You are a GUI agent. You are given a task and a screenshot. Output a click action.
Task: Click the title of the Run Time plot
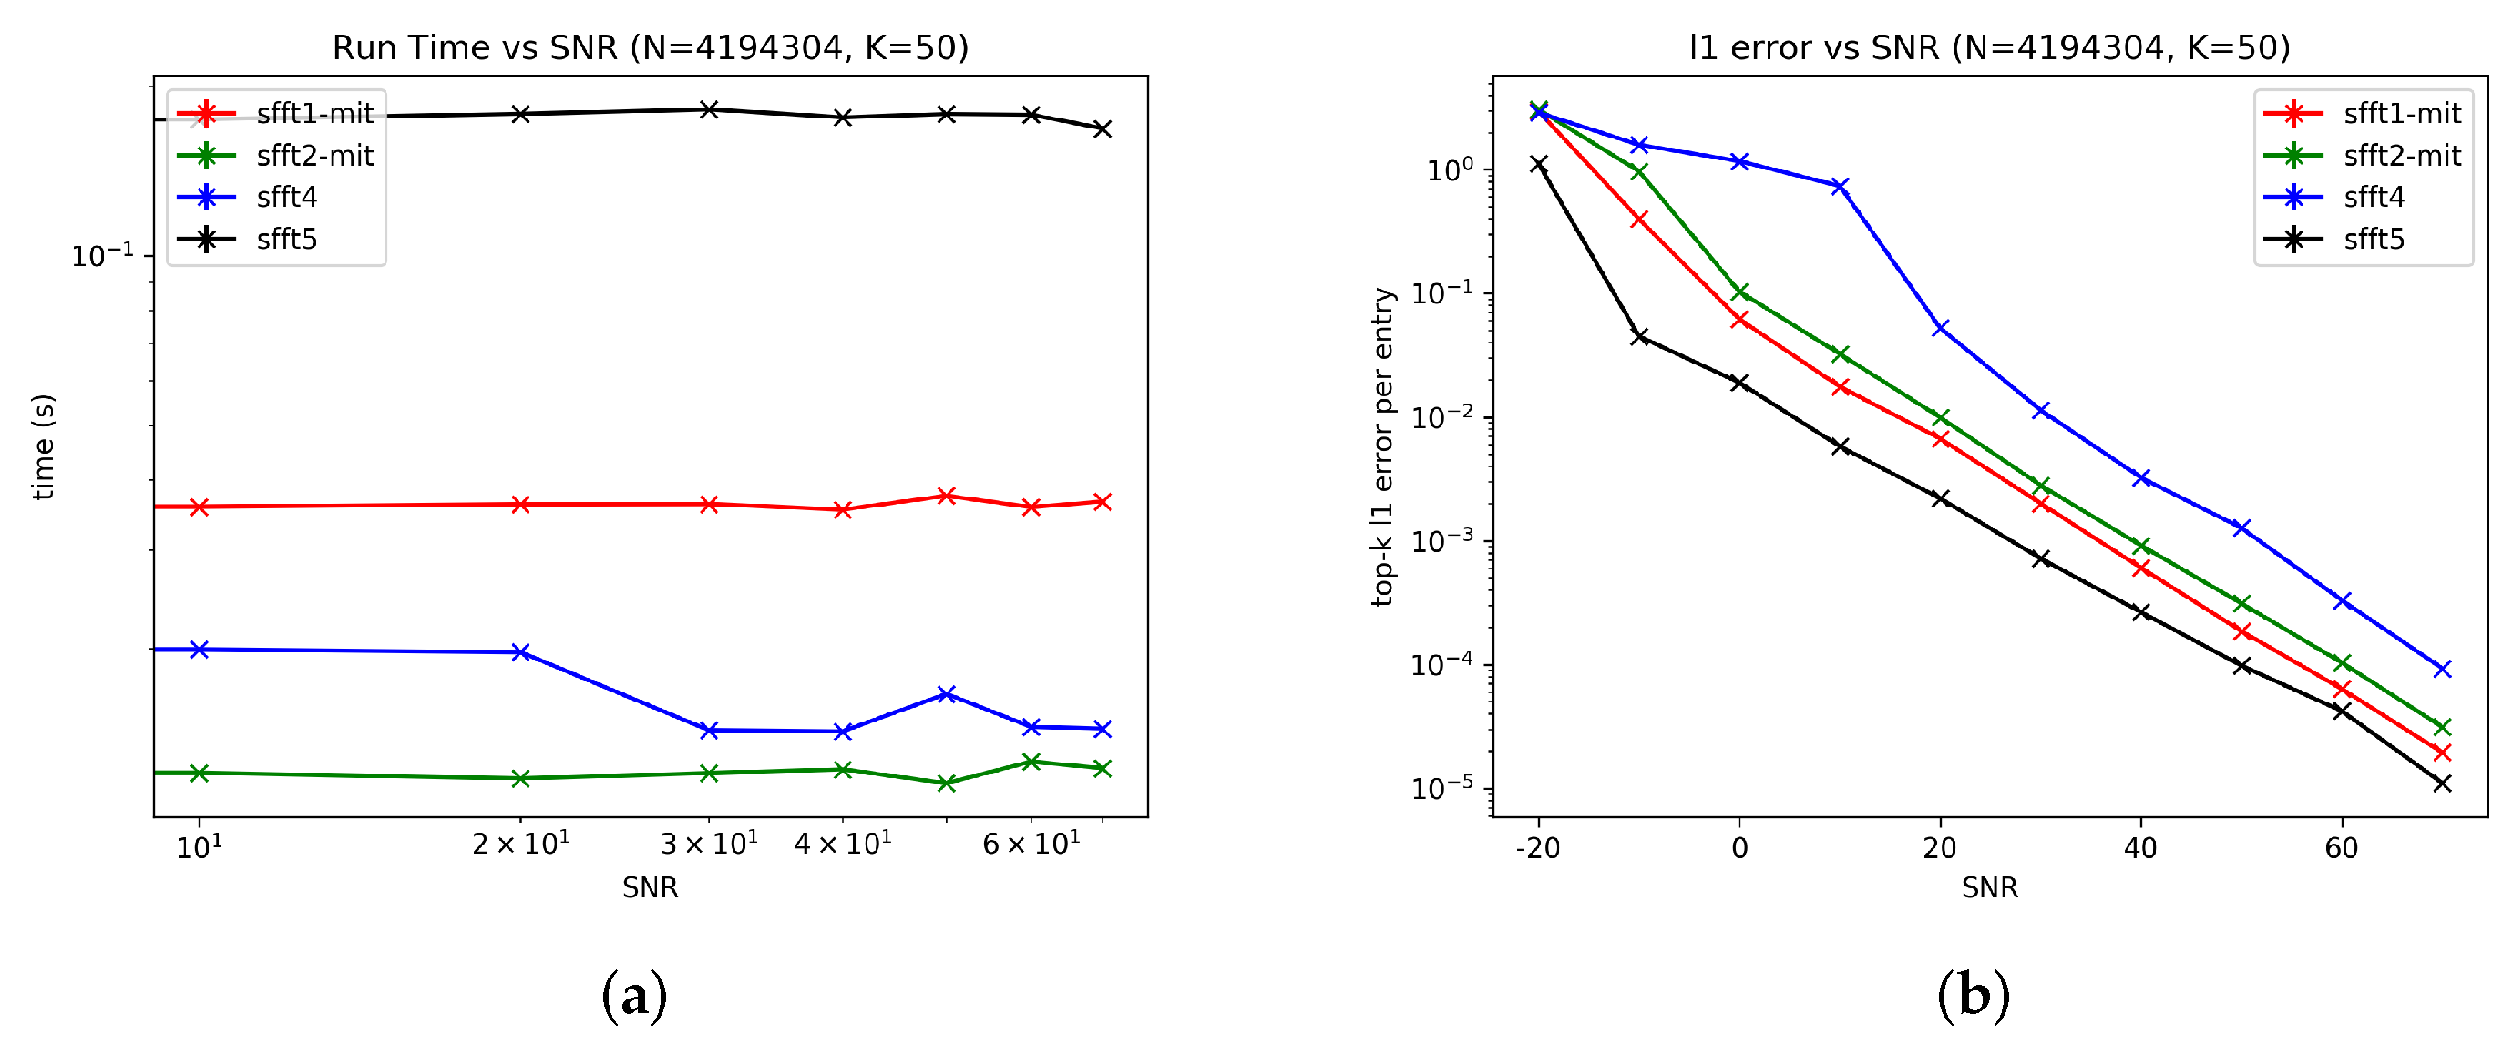pyautogui.click(x=650, y=46)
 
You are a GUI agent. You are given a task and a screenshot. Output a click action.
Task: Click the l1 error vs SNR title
pyautogui.click(x=1989, y=46)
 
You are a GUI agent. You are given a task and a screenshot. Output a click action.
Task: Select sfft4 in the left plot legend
pyautogui.click(x=286, y=197)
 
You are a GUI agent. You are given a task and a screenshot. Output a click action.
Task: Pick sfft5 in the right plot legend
pyautogui.click(x=2373, y=239)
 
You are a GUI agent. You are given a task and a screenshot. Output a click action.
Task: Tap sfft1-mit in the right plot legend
pyautogui.click(x=2401, y=113)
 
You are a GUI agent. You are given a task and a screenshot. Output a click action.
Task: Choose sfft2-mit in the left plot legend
pyautogui.click(x=314, y=155)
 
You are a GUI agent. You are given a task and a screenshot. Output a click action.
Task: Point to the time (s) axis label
pyautogui.click(x=43, y=447)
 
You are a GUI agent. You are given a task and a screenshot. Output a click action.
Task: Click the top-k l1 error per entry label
pyautogui.click(x=1382, y=447)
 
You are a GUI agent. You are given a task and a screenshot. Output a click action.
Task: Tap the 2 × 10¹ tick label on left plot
pyautogui.click(x=521, y=844)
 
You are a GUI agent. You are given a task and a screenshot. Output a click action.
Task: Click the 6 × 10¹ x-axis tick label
pyautogui.click(x=1031, y=844)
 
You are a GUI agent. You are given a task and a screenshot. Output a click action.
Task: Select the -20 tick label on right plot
pyautogui.click(x=1537, y=848)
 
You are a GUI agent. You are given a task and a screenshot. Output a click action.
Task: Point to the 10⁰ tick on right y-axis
pyautogui.click(x=1449, y=169)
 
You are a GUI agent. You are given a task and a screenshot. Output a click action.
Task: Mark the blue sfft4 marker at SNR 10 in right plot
pyautogui.click(x=1840, y=187)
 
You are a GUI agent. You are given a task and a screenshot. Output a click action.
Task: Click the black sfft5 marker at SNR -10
pyautogui.click(x=1639, y=336)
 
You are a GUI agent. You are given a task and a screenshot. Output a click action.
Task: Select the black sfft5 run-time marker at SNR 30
pyautogui.click(x=709, y=109)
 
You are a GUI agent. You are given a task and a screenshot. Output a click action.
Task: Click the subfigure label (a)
pyautogui.click(x=634, y=996)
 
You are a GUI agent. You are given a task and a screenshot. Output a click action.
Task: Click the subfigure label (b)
pyautogui.click(x=1973, y=996)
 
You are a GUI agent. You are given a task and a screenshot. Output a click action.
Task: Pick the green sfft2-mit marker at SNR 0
pyautogui.click(x=1739, y=292)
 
